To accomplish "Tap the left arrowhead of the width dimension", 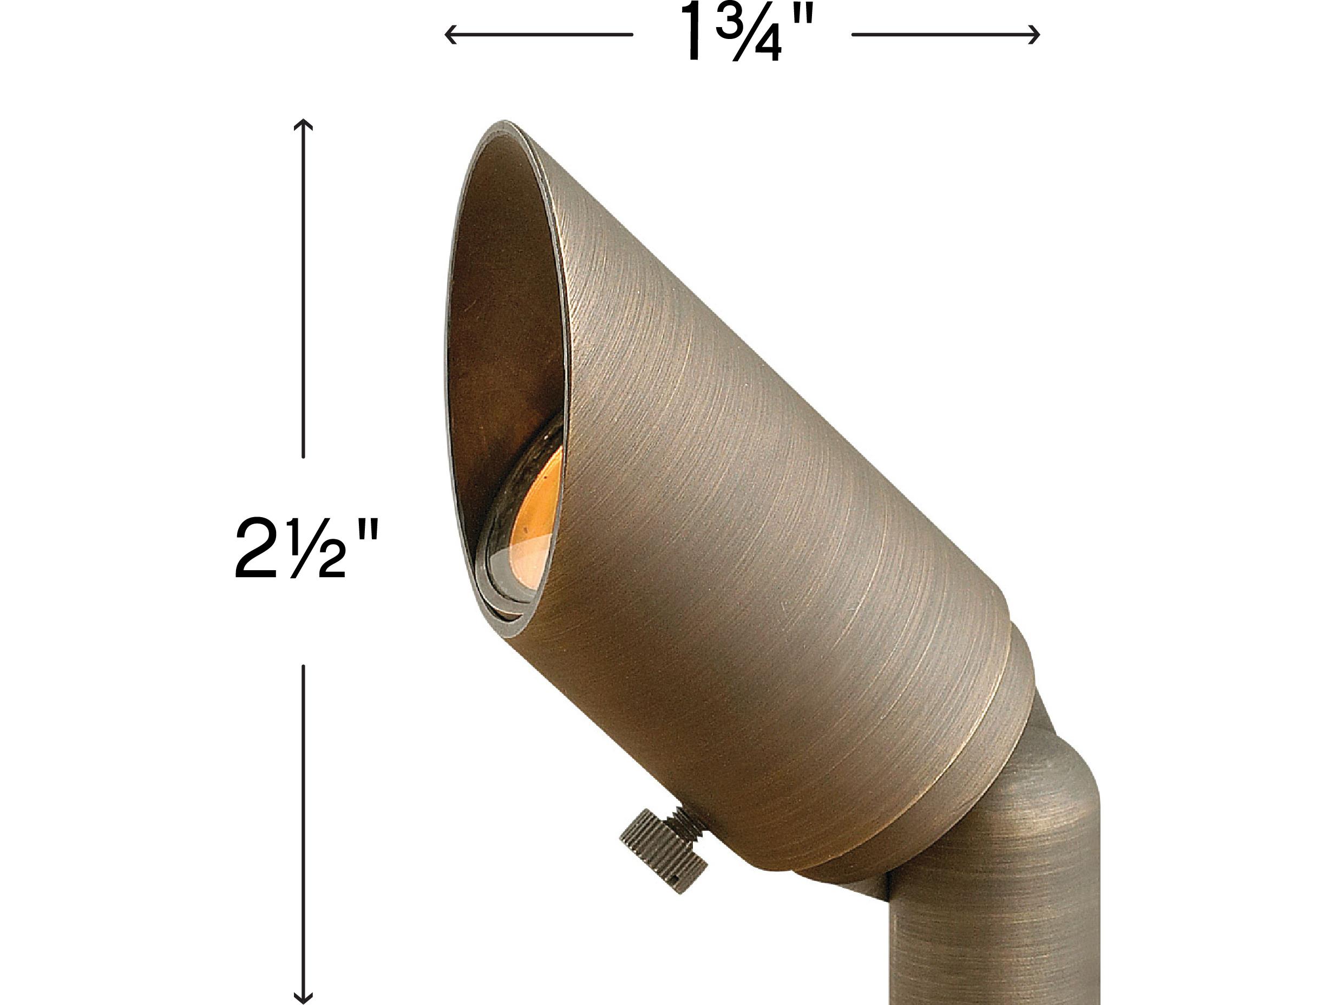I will tap(448, 35).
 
